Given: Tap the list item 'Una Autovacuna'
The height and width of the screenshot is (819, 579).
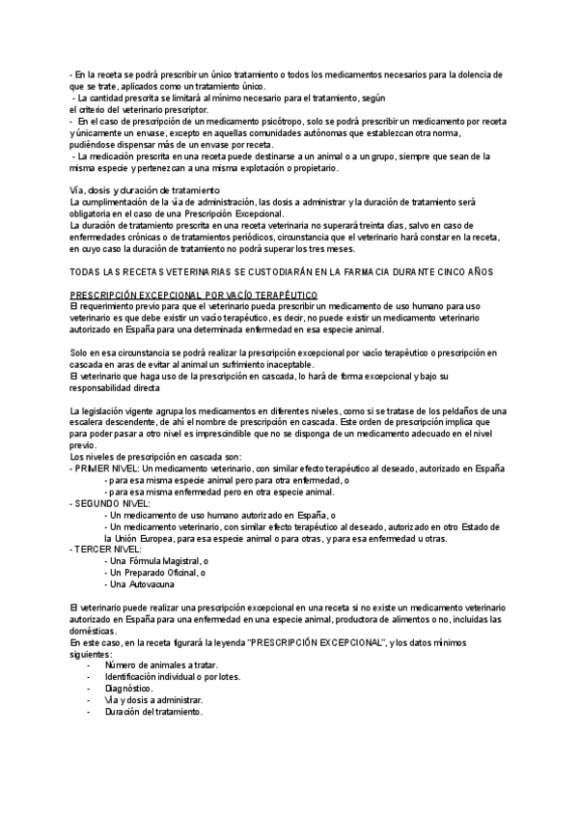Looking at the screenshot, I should click(x=141, y=584).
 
